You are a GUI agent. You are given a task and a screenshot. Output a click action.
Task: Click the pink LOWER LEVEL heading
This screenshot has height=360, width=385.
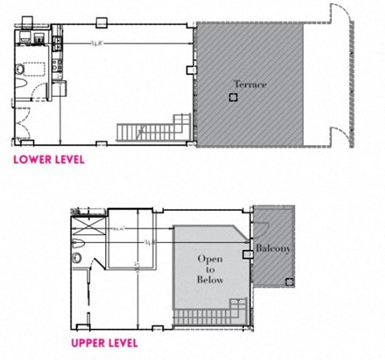pos(48,160)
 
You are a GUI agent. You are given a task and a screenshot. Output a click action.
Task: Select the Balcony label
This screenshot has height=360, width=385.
pos(274,249)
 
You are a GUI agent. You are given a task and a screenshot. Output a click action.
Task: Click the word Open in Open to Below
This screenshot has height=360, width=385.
pos(211,260)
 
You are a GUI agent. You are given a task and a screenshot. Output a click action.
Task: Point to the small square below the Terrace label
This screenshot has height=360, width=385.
pos(233,98)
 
